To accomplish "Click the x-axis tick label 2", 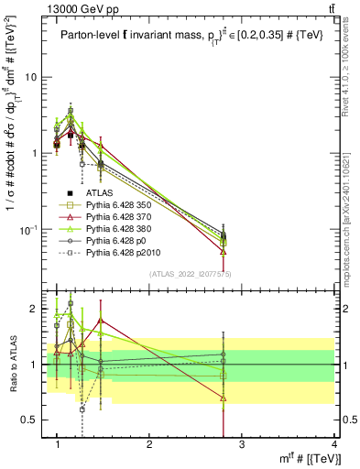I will pos(149,444).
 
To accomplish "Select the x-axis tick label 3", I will pos(242,444).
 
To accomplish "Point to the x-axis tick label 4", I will pos(333,444).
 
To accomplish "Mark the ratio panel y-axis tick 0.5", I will pos(32,420).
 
